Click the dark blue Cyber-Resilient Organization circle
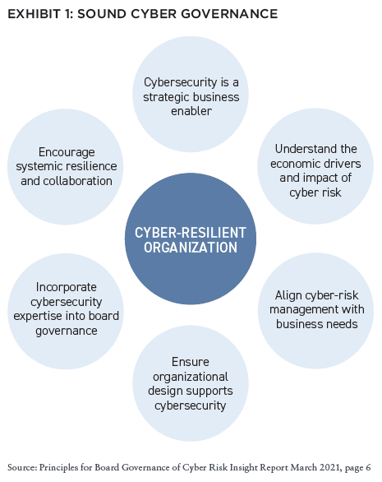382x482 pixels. pyautogui.click(x=191, y=239)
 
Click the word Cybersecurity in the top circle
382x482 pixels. pyautogui.click(x=180, y=82)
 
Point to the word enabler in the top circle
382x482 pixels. pyautogui.click(x=191, y=111)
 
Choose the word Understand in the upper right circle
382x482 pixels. pyautogui.click(x=301, y=149)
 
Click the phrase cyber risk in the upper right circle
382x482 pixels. pyautogui.click(x=315, y=192)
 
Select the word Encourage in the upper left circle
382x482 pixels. pyautogui.click(x=67, y=152)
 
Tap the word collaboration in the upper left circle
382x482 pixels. pyautogui.click(x=77, y=181)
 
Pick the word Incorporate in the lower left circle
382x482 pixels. pyautogui.click(x=67, y=287)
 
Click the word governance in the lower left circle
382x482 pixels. pyautogui.click(x=67, y=331)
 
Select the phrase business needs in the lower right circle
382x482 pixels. pyautogui.click(x=316, y=324)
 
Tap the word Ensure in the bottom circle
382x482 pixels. pyautogui.click(x=191, y=362)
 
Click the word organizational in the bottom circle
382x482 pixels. pyautogui.click(x=191, y=377)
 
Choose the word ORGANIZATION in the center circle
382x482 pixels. pyautogui.click(x=191, y=248)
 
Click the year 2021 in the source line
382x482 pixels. pyautogui.click(x=330, y=467)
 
